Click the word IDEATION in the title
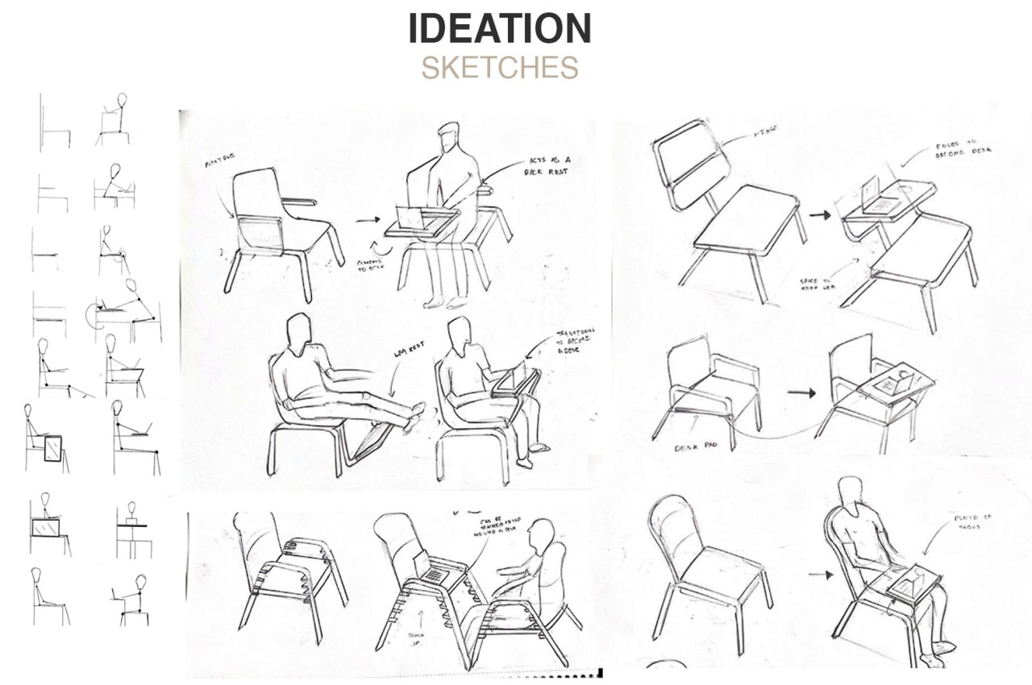(x=500, y=29)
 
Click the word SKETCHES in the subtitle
(x=500, y=68)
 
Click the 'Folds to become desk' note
(x=964, y=150)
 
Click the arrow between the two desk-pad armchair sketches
(x=800, y=392)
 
